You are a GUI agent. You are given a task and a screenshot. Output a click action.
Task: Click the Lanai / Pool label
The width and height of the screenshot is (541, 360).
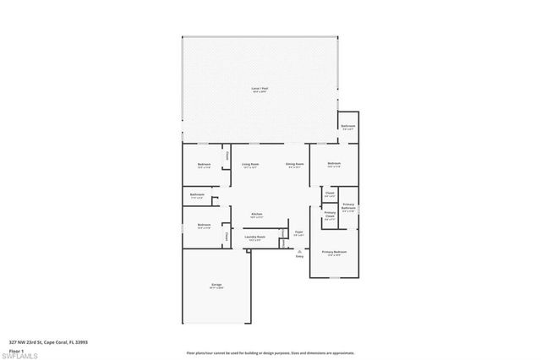[260, 88]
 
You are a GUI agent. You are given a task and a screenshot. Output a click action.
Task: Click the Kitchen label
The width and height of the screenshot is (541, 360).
[256, 215]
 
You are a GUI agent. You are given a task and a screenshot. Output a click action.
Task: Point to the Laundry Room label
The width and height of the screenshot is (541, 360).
[255, 237]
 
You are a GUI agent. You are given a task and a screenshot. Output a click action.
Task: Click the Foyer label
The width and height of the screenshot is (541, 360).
[298, 231]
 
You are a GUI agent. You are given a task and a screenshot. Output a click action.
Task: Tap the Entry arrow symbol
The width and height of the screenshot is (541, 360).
[298, 250]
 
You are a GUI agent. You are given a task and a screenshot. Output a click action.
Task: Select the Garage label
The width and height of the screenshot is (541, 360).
[216, 285]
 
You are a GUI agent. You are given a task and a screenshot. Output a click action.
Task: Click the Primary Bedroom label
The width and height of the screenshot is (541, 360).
[334, 252]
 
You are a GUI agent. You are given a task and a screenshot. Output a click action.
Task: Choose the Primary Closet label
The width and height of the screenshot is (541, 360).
[330, 215]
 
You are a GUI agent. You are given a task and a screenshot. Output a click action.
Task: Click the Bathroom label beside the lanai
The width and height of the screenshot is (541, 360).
[347, 126]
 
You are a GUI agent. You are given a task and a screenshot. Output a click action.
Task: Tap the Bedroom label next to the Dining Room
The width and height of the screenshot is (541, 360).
[334, 163]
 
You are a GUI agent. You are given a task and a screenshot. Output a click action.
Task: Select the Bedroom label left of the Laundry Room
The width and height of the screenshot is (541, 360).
[204, 225]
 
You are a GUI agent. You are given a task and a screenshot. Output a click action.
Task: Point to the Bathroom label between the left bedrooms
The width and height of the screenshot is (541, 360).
[197, 196]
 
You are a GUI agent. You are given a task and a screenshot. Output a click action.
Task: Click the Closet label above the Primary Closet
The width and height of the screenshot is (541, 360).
[330, 194]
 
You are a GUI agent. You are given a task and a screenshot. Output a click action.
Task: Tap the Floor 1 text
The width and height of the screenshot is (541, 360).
[16, 350]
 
